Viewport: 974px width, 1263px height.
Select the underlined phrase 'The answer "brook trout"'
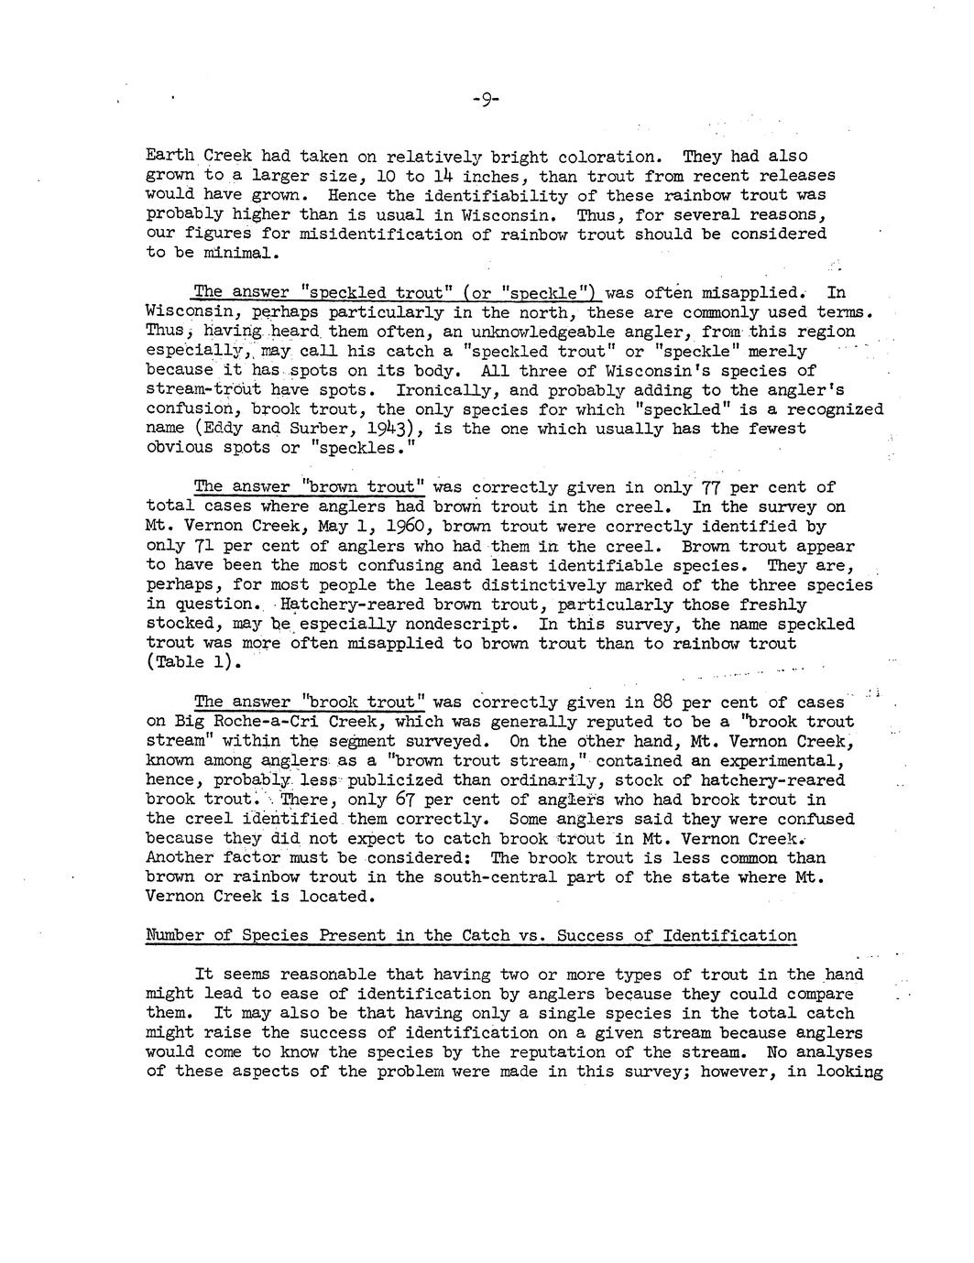(x=310, y=702)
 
